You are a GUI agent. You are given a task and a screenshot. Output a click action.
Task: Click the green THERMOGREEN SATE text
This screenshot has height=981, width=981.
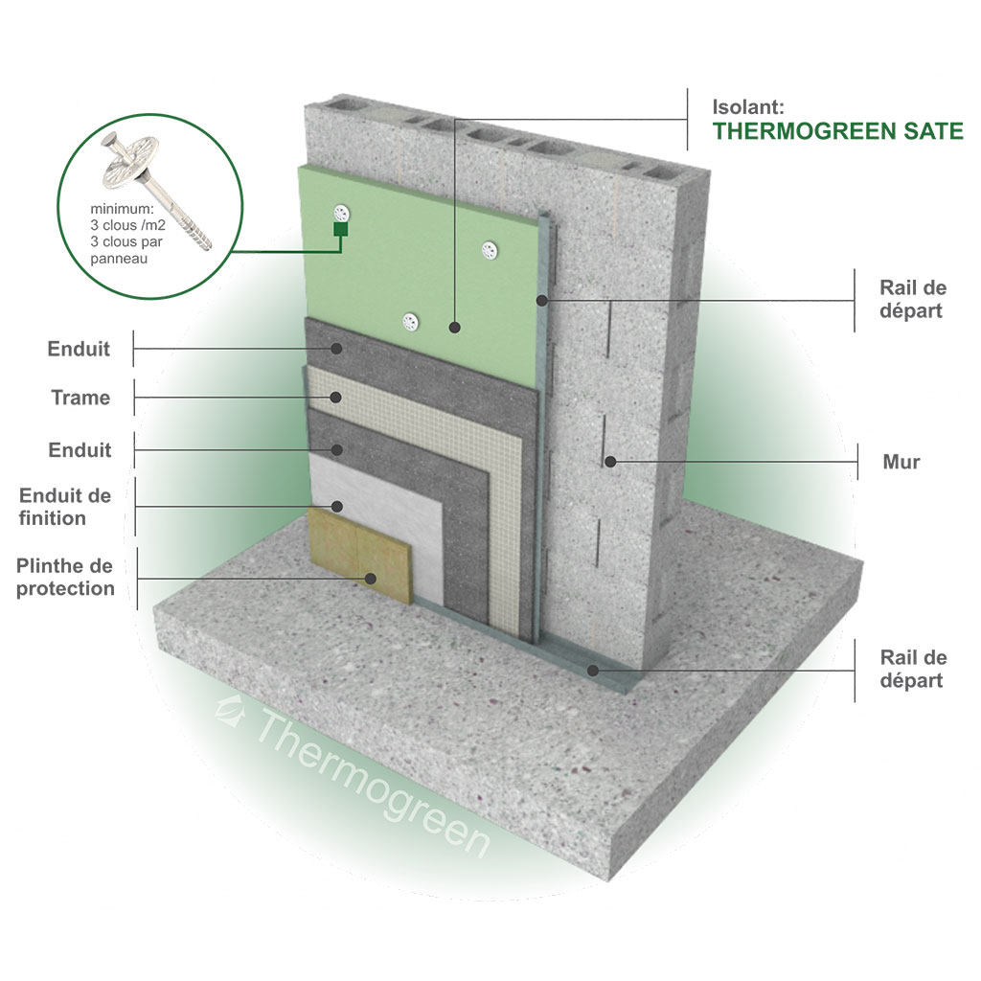[x=837, y=131]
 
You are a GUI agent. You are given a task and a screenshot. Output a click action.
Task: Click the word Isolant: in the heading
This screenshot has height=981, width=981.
[x=748, y=106]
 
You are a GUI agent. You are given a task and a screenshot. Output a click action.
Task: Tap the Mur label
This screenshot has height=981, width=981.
[x=901, y=462]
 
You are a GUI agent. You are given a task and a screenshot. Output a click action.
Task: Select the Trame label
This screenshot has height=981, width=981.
[x=80, y=398]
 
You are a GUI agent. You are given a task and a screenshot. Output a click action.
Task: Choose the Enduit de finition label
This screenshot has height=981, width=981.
[x=65, y=507]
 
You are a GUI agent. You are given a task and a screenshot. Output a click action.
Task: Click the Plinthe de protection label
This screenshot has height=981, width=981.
[x=65, y=577]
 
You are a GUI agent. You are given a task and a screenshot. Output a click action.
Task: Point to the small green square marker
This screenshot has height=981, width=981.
[x=340, y=229]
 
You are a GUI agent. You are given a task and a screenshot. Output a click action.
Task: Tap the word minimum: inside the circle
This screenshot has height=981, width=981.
[x=122, y=208]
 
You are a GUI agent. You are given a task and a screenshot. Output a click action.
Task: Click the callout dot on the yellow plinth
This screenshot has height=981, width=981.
[x=371, y=579]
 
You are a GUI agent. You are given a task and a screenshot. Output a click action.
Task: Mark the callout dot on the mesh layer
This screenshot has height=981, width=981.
[x=336, y=398]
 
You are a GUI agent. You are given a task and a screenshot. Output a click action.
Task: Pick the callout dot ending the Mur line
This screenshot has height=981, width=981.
[x=610, y=462]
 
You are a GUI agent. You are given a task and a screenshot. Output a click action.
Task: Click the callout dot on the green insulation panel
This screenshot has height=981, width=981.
[x=455, y=327]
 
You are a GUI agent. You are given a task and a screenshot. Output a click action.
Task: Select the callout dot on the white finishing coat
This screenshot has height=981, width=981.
[x=336, y=506]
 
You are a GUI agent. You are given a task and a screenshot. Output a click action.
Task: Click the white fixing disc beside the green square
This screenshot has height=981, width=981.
[x=341, y=213]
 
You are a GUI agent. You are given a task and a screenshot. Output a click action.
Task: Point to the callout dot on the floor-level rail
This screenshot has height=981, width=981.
[x=592, y=671]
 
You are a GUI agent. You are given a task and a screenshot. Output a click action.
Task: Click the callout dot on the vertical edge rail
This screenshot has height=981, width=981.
[x=542, y=301]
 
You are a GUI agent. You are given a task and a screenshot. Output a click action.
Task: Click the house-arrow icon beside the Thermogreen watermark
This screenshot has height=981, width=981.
[x=229, y=712]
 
